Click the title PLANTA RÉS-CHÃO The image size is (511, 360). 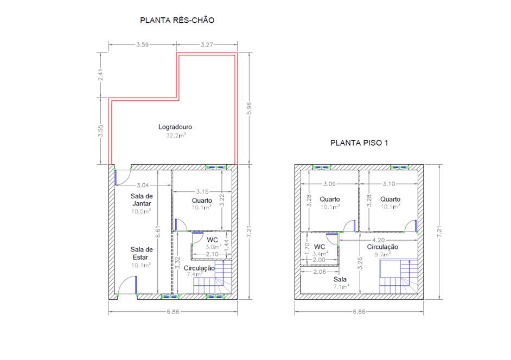pyautogui.click(x=177, y=20)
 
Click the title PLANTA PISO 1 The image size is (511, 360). pyautogui.click(x=359, y=143)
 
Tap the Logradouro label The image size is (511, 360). pyautogui.click(x=175, y=127)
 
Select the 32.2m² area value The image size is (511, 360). pyautogui.click(x=176, y=135)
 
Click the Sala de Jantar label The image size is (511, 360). pyautogui.click(x=142, y=200)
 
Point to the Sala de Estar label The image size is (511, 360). pyautogui.click(x=142, y=253)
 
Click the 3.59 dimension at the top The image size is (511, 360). pyautogui.click(x=143, y=44)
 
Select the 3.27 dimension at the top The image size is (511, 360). pyautogui.click(x=207, y=44)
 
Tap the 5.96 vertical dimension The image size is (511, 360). pyautogui.click(x=250, y=108)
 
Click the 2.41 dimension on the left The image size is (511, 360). pyautogui.click(x=101, y=75)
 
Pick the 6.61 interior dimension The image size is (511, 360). pyautogui.click(x=158, y=232)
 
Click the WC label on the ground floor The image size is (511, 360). pyautogui.click(x=212, y=240)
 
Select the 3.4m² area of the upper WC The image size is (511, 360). pyautogui.click(x=320, y=254)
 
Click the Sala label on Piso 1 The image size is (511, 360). pyautogui.click(x=340, y=279)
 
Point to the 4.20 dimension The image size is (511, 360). pyautogui.click(x=378, y=240)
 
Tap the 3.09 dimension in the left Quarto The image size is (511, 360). pyautogui.click(x=329, y=184)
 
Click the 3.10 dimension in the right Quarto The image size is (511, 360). pyautogui.click(x=388, y=184)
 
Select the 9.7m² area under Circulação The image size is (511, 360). pyautogui.click(x=382, y=254)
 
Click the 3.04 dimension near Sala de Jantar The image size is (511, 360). pyautogui.click(x=143, y=185)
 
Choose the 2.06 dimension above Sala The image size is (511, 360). pyautogui.click(x=320, y=272)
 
